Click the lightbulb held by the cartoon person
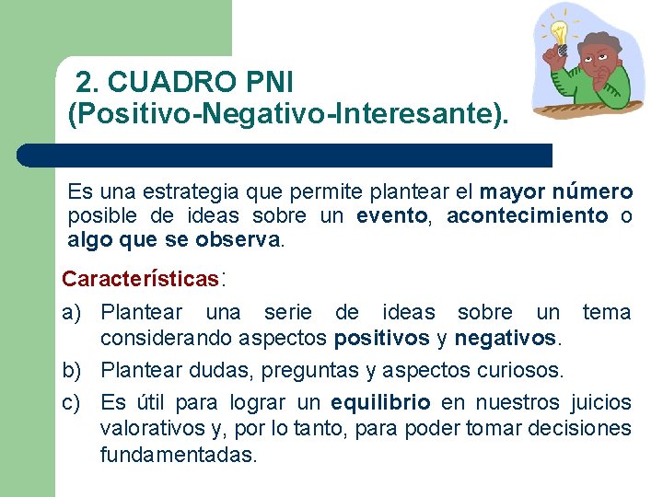(559, 30)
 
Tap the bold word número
(594, 192)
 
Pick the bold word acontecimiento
(527, 216)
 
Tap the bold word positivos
(381, 338)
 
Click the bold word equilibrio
(380, 403)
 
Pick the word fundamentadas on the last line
(179, 455)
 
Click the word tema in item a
(607, 313)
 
